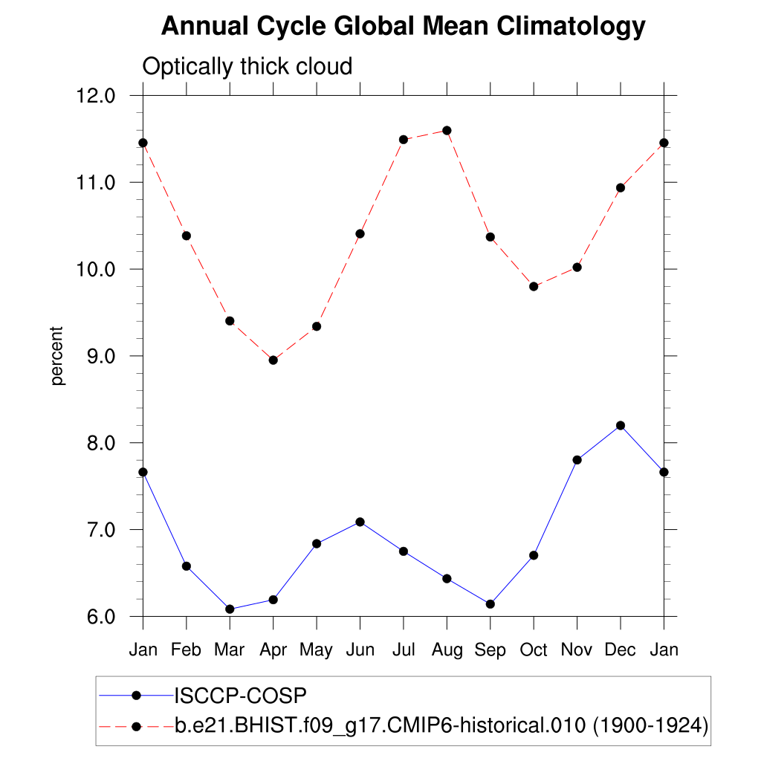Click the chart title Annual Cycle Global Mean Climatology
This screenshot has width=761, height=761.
pyautogui.click(x=403, y=27)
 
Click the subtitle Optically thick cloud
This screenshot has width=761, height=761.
pyautogui.click(x=247, y=67)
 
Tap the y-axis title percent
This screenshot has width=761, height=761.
pyautogui.click(x=58, y=356)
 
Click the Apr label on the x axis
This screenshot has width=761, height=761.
pyautogui.click(x=273, y=650)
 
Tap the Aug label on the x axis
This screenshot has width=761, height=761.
pyautogui.click(x=446, y=650)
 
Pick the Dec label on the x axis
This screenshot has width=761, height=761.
pyautogui.click(x=620, y=650)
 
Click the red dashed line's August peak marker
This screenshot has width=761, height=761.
pyautogui.click(x=447, y=131)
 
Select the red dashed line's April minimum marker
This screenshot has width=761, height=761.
pyautogui.click(x=273, y=360)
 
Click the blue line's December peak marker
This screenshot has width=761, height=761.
pyautogui.click(x=621, y=425)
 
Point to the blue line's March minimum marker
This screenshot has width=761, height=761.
pyautogui.click(x=230, y=609)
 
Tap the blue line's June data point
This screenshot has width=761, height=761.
pyautogui.click(x=360, y=522)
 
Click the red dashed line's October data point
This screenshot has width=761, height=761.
pyautogui.click(x=534, y=286)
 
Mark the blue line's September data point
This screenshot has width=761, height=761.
pyautogui.click(x=490, y=604)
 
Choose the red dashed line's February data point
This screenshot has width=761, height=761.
pyautogui.click(x=186, y=236)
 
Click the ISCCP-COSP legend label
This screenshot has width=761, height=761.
pyautogui.click(x=240, y=696)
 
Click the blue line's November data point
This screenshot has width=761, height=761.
pyautogui.click(x=577, y=460)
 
